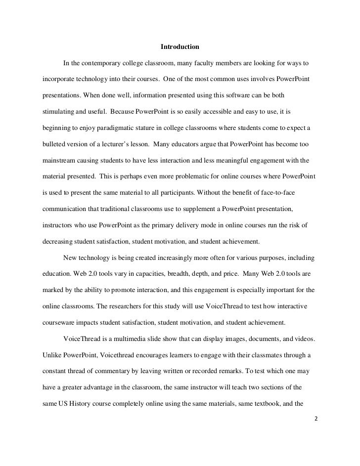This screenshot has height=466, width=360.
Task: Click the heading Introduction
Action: click(x=180, y=47)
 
